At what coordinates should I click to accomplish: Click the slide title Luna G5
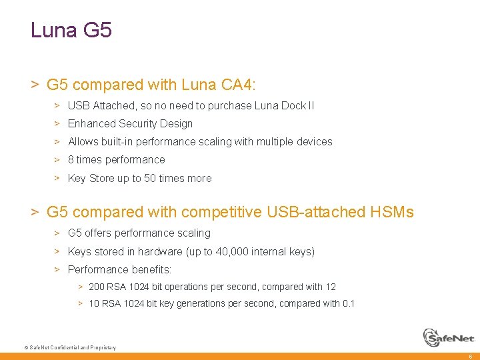(71, 31)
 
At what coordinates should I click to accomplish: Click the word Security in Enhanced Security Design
(141, 123)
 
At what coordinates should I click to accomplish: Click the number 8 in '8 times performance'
(71, 159)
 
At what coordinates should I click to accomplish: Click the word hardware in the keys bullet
(160, 251)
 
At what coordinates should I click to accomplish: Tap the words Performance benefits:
(119, 269)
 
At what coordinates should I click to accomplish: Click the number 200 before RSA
(97, 287)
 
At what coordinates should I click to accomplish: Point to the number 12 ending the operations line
(331, 287)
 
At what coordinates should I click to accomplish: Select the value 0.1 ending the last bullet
(349, 303)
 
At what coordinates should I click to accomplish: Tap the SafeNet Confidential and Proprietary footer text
(70, 348)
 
